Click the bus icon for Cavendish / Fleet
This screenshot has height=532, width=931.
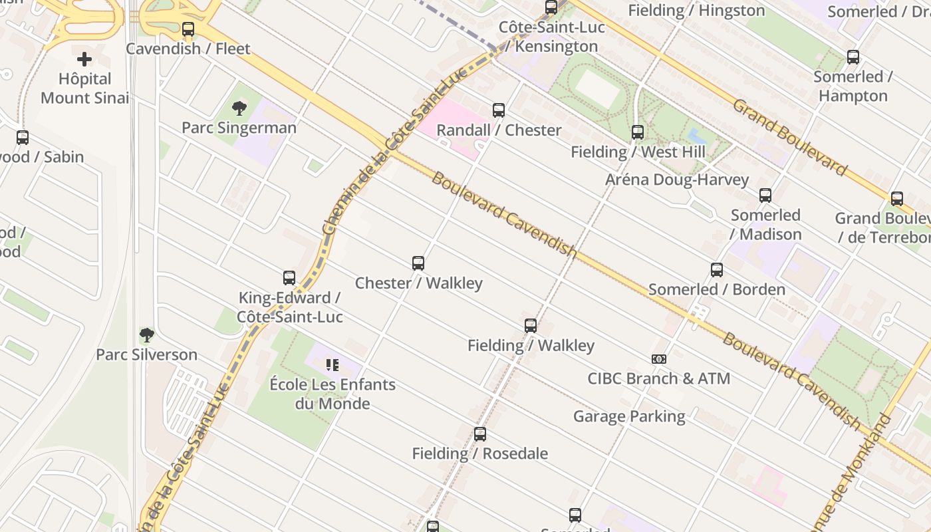(188, 29)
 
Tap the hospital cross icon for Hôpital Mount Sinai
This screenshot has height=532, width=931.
(84, 59)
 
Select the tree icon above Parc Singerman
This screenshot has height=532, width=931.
(239, 108)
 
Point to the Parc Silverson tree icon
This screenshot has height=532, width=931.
(147, 335)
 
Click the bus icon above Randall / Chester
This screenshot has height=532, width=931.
(499, 110)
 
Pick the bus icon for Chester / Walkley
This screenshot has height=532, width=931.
(418, 263)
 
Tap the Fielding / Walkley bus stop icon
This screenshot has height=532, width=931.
(531, 326)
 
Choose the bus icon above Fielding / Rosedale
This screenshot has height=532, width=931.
(480, 434)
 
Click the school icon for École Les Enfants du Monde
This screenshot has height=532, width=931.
(332, 365)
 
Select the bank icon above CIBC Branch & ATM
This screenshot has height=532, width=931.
(659, 359)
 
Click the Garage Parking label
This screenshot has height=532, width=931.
(629, 416)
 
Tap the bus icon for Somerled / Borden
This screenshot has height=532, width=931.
(717, 270)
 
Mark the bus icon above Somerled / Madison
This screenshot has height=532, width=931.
(765, 196)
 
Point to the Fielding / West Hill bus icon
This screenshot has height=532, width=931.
(638, 132)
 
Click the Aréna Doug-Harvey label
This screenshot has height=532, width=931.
(677, 180)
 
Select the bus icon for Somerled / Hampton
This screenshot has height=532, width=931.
(853, 57)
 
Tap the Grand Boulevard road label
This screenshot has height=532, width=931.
(790, 138)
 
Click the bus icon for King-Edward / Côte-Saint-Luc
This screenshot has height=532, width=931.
(289, 278)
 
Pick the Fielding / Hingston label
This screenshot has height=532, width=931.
(696, 11)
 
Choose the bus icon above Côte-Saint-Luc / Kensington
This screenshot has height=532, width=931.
(551, 8)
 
